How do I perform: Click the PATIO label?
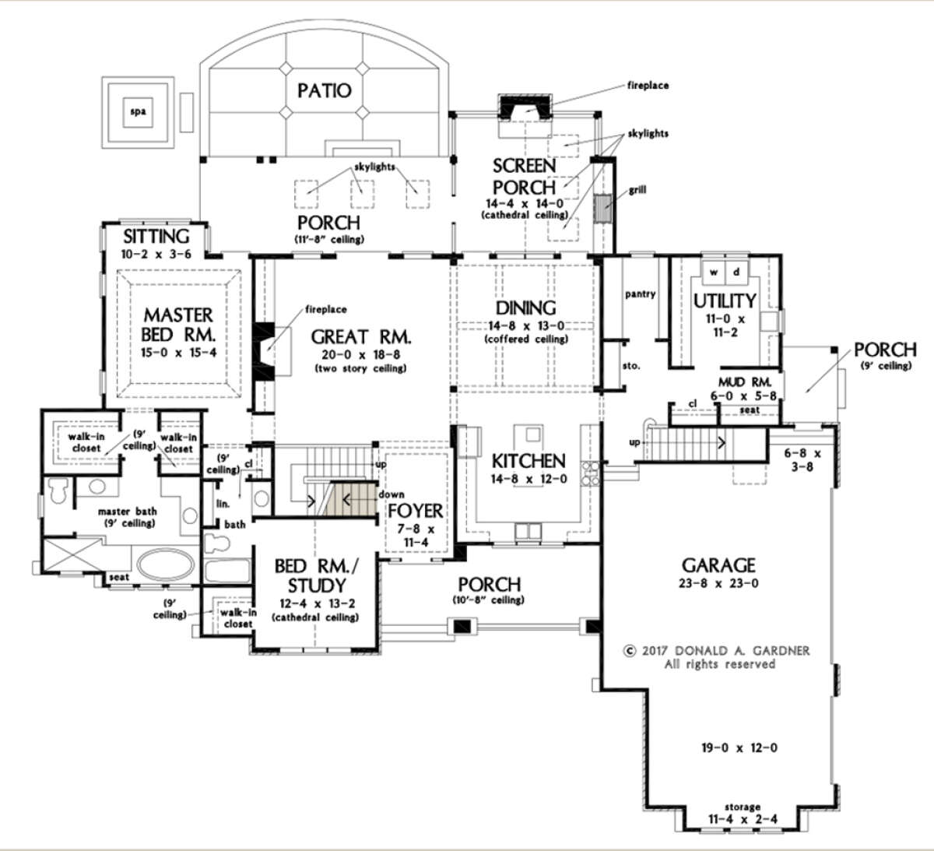324,90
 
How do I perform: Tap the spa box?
137,112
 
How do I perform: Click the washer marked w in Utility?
713,272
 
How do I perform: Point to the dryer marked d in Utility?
736,272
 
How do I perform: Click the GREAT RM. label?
361,336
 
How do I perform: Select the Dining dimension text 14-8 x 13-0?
525,325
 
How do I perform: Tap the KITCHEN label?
528,461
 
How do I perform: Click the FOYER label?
416,511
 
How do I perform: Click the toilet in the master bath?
58,491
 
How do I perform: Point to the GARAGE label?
718,565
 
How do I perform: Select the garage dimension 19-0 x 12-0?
739,747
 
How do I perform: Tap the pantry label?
641,294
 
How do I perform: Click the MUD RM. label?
745,382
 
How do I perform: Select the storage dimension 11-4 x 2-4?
743,819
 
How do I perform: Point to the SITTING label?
156,237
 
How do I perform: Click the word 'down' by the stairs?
391,494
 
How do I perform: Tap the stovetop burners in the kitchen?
591,474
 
